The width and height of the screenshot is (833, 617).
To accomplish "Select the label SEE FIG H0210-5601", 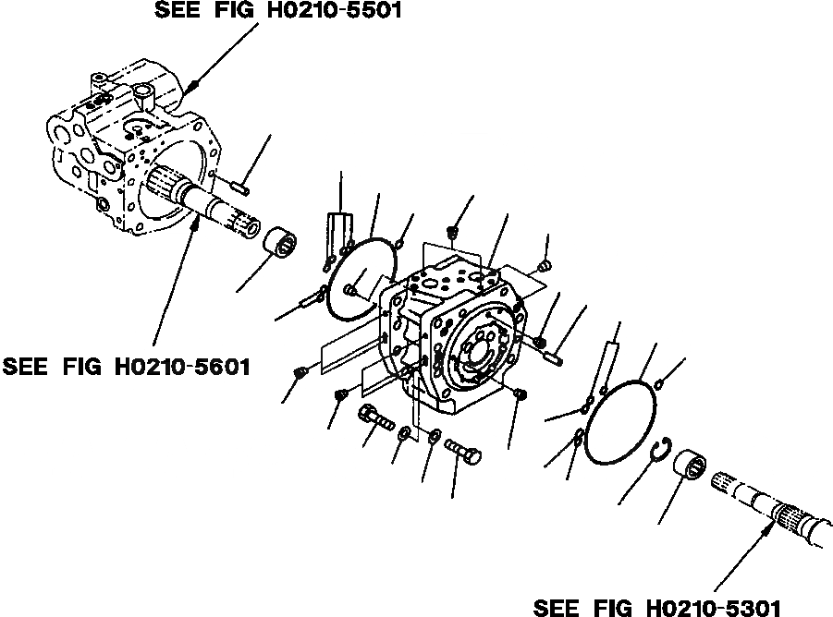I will pyautogui.click(x=127, y=367).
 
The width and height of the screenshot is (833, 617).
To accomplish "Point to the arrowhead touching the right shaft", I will pyautogui.click(x=768, y=526).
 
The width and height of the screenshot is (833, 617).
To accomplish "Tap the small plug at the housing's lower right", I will pyautogui.click(x=520, y=394).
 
